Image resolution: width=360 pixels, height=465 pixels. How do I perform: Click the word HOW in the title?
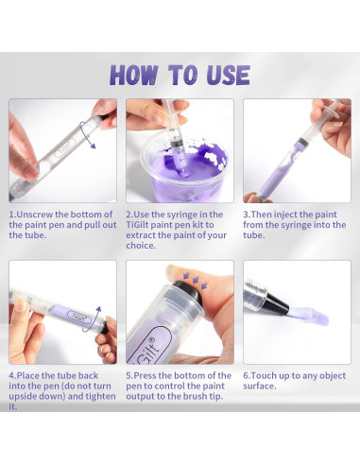click(133, 75)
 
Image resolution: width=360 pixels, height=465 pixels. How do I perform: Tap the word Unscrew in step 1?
click(35, 215)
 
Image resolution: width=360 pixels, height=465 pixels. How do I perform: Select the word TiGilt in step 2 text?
click(137, 225)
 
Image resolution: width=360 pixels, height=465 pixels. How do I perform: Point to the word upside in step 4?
click(22, 397)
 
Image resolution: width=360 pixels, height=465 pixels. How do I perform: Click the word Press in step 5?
click(145, 375)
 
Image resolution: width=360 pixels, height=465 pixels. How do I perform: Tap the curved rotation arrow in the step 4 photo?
click(94, 319)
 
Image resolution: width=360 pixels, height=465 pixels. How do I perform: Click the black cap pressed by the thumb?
click(188, 292)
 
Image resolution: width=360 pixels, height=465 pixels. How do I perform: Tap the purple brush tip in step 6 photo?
click(309, 316)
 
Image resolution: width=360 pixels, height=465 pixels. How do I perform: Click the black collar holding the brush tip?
click(276, 303)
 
